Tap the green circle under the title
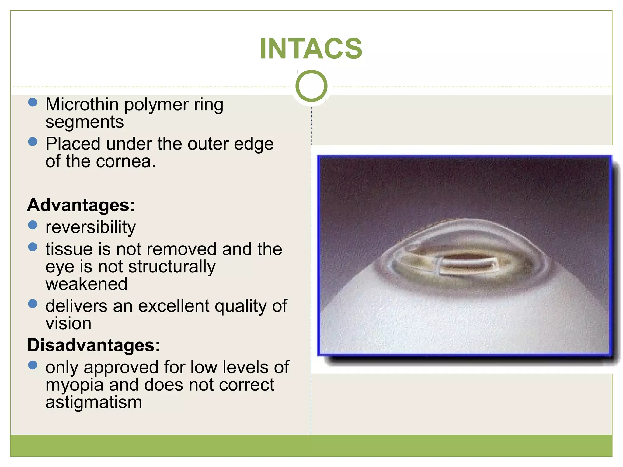pos(311,86)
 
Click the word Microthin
pos(82,104)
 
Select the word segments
pos(85,122)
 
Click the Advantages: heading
pos(81,205)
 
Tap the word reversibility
pos(90,227)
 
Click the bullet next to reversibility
pos(33,225)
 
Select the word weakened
pos(86,284)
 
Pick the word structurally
pos(172,267)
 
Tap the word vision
pos(68,323)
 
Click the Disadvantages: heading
pos(93,345)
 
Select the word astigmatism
pos(94,403)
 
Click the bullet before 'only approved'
pos(33,365)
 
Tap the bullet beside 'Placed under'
pos(33,141)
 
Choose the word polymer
pos(156,105)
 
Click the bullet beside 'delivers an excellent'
pos(33,304)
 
